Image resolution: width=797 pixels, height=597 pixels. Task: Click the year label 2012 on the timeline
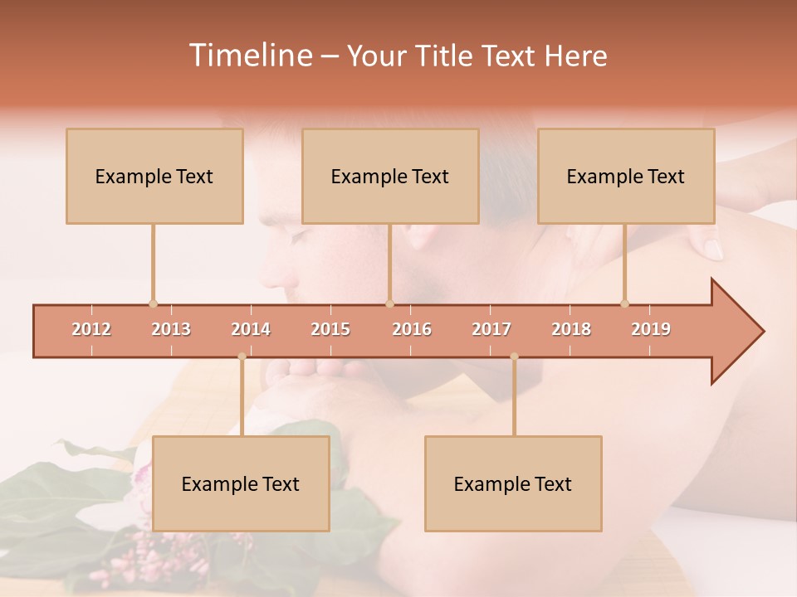91,329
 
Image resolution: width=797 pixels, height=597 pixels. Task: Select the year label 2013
171,329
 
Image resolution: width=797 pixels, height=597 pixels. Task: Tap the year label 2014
251,329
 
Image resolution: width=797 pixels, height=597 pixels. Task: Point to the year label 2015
330,329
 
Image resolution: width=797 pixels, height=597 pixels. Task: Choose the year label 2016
412,329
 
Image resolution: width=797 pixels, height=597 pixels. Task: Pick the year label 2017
491,329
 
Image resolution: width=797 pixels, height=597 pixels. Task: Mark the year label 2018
571,329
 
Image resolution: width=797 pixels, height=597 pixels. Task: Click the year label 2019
651,329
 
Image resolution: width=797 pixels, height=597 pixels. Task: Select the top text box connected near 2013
154,176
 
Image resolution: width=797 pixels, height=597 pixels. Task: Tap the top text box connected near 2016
390,176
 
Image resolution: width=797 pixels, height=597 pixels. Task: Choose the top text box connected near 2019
626,176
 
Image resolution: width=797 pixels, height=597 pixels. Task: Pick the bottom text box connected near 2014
241,483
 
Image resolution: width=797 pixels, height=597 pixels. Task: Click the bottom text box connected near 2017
513,483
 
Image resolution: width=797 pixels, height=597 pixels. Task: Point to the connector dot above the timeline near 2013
153,303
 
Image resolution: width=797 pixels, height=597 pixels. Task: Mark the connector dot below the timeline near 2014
242,357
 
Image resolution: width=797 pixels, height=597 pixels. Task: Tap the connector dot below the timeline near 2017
514,357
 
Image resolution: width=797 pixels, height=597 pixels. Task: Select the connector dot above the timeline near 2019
624,303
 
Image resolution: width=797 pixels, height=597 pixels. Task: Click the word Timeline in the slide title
249,56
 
